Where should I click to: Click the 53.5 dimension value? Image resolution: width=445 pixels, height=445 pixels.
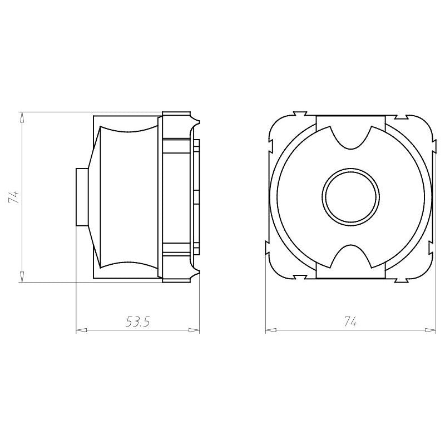137,322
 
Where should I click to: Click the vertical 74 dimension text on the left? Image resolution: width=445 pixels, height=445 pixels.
13,197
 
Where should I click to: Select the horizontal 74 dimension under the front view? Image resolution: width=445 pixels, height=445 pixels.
350,322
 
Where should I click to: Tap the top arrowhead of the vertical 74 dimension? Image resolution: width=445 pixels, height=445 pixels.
22,117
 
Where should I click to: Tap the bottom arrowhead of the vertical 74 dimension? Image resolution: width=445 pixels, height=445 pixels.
22,276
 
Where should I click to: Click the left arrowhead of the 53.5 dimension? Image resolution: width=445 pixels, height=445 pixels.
81,330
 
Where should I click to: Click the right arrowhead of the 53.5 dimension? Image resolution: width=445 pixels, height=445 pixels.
194,330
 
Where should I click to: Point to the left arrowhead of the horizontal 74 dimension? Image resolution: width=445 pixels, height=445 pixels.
271,330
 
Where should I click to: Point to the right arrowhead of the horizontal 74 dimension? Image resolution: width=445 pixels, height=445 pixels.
430,330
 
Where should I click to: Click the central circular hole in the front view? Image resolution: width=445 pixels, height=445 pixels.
351,197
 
